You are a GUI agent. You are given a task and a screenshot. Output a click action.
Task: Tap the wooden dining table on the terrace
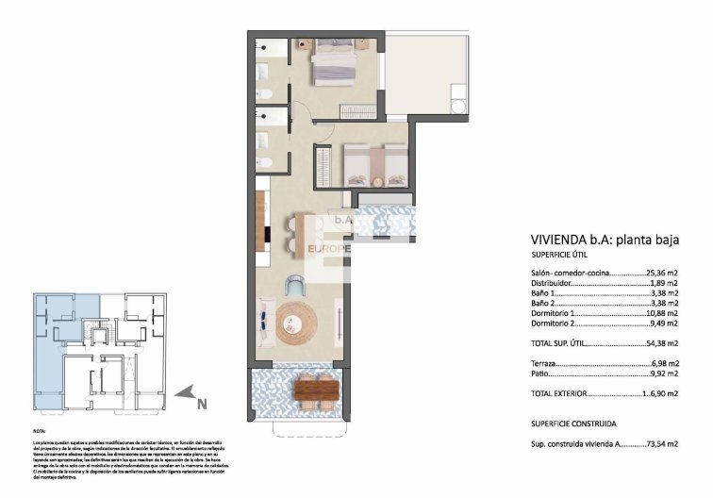(x=315, y=389)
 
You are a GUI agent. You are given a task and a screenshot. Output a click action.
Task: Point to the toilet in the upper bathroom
(x=268, y=92)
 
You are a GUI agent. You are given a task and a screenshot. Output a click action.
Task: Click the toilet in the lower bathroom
(x=268, y=163)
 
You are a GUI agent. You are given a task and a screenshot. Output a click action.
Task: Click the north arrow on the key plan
(x=188, y=393)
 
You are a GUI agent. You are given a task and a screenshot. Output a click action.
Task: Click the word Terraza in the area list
(x=544, y=363)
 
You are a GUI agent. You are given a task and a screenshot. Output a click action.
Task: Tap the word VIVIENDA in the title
(x=562, y=239)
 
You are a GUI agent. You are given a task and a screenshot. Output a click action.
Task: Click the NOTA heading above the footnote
(x=40, y=430)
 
